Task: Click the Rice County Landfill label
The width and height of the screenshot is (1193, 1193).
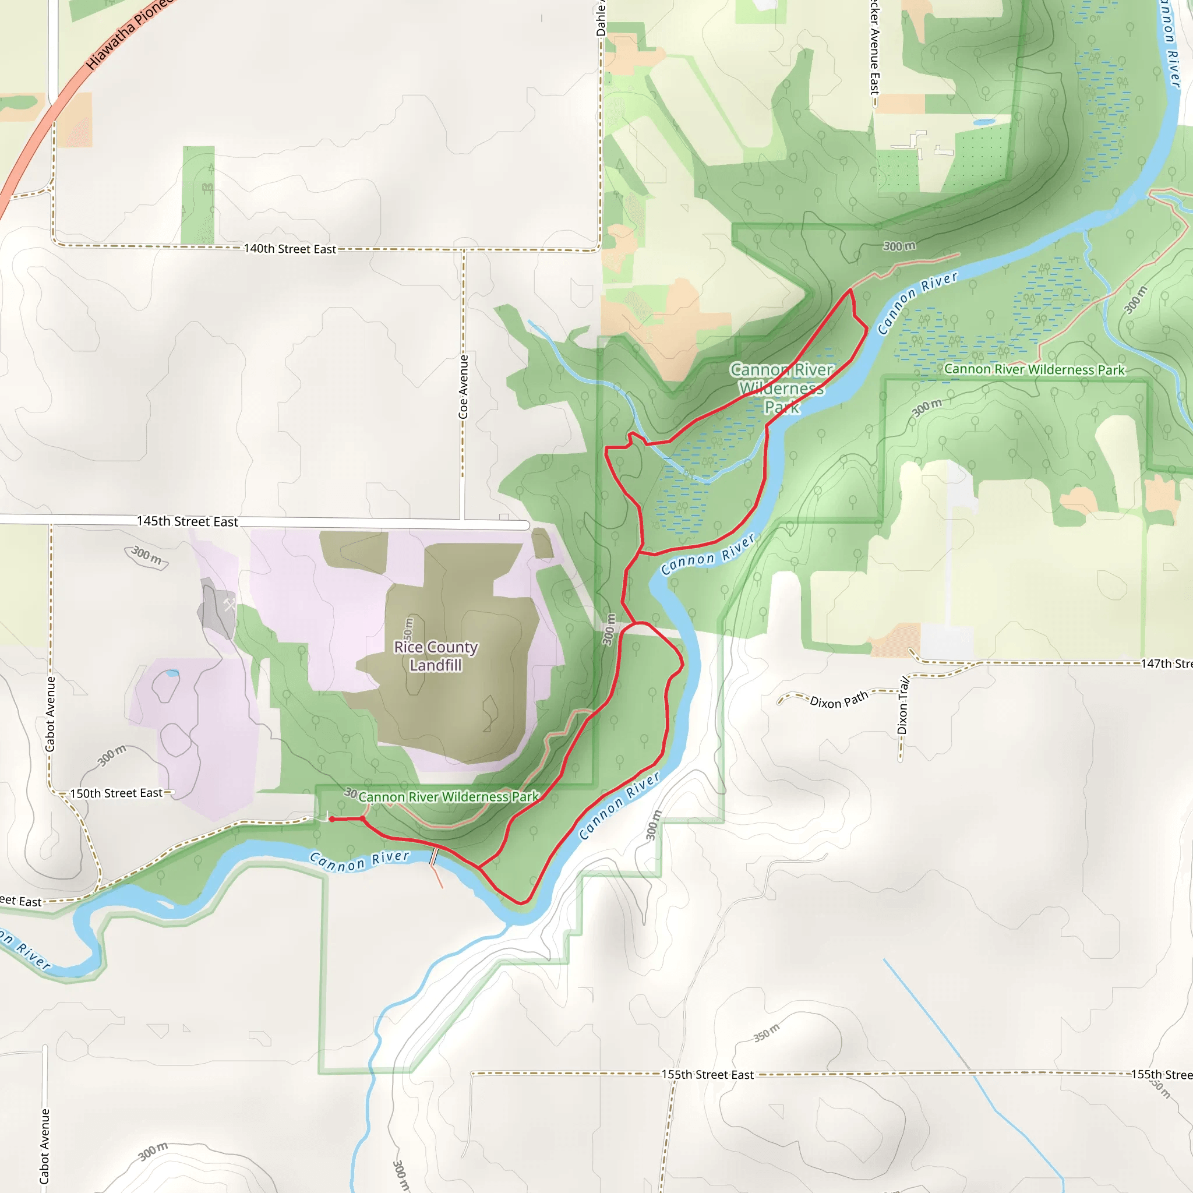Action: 436,656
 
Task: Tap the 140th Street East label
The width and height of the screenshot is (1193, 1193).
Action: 290,249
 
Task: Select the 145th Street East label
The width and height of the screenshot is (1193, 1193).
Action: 187,521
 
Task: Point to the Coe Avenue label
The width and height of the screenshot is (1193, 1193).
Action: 463,387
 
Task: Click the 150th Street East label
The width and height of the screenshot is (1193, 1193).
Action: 116,793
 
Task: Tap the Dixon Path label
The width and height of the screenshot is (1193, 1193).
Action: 839,700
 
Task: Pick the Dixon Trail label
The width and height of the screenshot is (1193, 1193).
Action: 903,705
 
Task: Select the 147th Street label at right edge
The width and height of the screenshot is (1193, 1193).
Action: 1166,664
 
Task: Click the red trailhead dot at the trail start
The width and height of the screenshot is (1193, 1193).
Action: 331,820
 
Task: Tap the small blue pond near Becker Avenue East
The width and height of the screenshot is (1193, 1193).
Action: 984,122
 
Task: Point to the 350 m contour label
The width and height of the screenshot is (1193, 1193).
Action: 767,1033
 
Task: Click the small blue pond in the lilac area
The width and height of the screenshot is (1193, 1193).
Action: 173,673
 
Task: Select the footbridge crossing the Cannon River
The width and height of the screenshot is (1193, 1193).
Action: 434,857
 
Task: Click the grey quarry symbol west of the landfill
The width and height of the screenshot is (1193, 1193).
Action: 229,605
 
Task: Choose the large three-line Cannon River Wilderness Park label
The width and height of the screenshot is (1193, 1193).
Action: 781,389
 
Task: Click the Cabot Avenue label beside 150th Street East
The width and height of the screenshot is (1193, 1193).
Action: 51,714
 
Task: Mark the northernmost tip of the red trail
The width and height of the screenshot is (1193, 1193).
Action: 851,289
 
